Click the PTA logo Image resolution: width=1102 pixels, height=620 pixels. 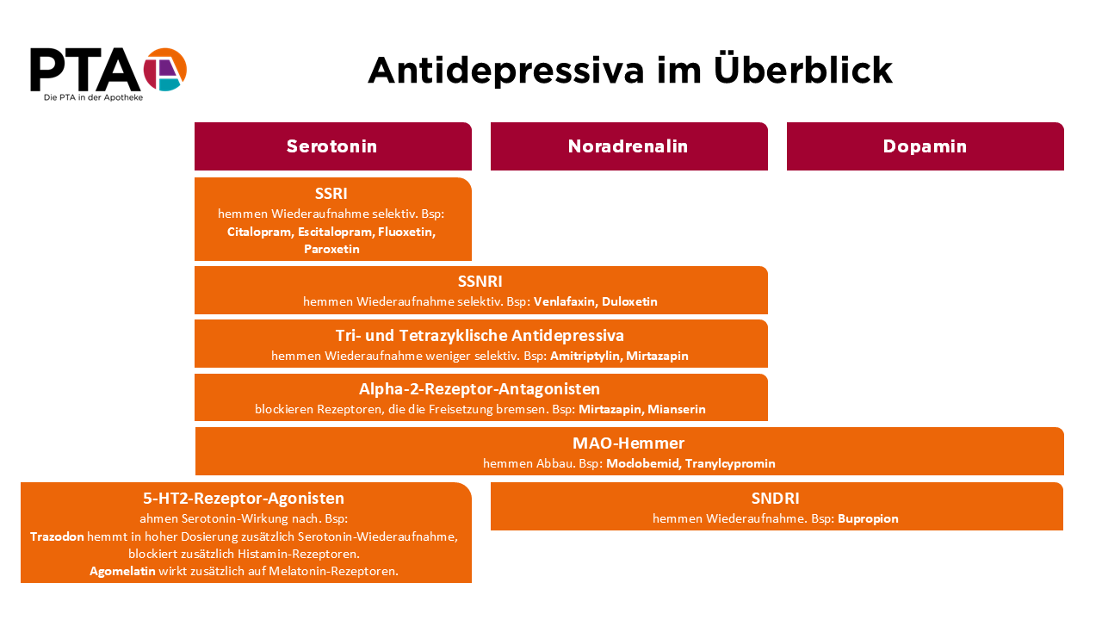[108, 71]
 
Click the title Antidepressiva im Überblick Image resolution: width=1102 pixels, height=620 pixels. [630, 70]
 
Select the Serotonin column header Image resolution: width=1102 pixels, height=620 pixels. [332, 146]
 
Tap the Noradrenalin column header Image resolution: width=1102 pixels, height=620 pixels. [628, 146]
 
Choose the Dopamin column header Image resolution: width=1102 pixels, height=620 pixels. [925, 146]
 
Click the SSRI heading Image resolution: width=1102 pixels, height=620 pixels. [331, 194]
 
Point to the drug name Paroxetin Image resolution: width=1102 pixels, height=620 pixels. [331, 249]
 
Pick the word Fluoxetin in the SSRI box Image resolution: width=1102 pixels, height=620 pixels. [406, 232]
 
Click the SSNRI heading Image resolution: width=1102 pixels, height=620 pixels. [480, 282]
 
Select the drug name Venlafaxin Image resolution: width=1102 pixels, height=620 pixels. [564, 301]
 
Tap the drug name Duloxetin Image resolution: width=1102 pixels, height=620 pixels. [629, 301]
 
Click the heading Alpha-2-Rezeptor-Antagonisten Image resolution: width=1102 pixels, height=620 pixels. [480, 389]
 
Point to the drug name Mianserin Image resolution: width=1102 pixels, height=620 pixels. [676, 409]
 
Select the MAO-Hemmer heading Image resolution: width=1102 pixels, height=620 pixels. [628, 443]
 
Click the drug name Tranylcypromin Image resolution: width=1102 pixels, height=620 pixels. [730, 463]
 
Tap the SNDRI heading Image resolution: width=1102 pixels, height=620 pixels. [776, 498]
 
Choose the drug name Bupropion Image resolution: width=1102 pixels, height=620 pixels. [868, 518]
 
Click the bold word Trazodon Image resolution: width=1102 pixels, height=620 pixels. [57, 536]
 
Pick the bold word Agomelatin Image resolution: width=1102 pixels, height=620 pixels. [122, 571]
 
